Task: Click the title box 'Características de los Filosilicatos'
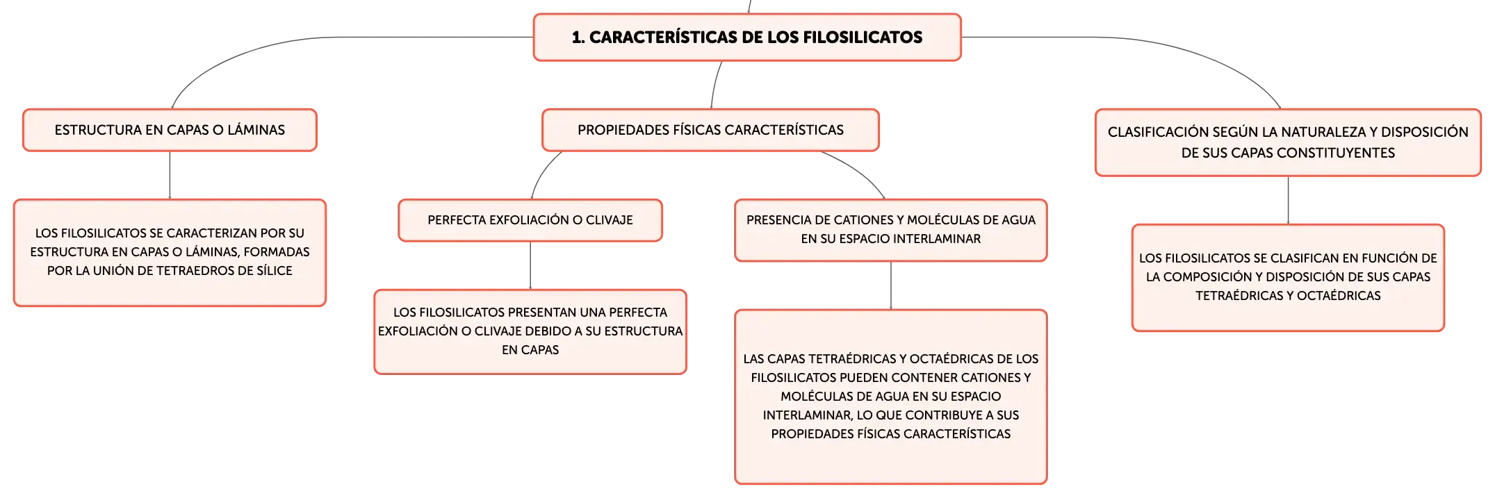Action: tap(747, 38)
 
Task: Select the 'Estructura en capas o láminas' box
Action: tap(170, 130)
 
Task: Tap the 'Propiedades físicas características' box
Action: tap(710, 130)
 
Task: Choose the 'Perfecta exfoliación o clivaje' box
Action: tap(530, 220)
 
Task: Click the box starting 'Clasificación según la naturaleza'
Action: tap(1288, 142)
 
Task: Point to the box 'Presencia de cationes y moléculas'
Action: tap(891, 230)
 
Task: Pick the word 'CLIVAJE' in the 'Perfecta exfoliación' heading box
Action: tap(610, 220)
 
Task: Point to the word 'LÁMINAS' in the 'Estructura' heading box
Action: tap(256, 130)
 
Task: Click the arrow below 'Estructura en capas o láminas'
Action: tap(170, 176)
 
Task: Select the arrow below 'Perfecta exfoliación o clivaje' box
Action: tap(530, 266)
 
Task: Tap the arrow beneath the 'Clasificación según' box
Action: tap(1288, 201)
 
